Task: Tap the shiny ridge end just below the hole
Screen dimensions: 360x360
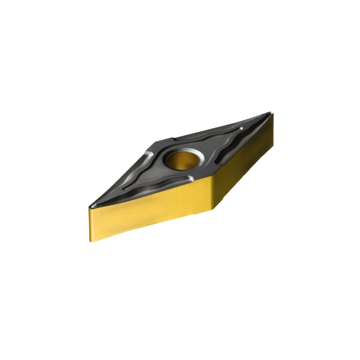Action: pos(191,178)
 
